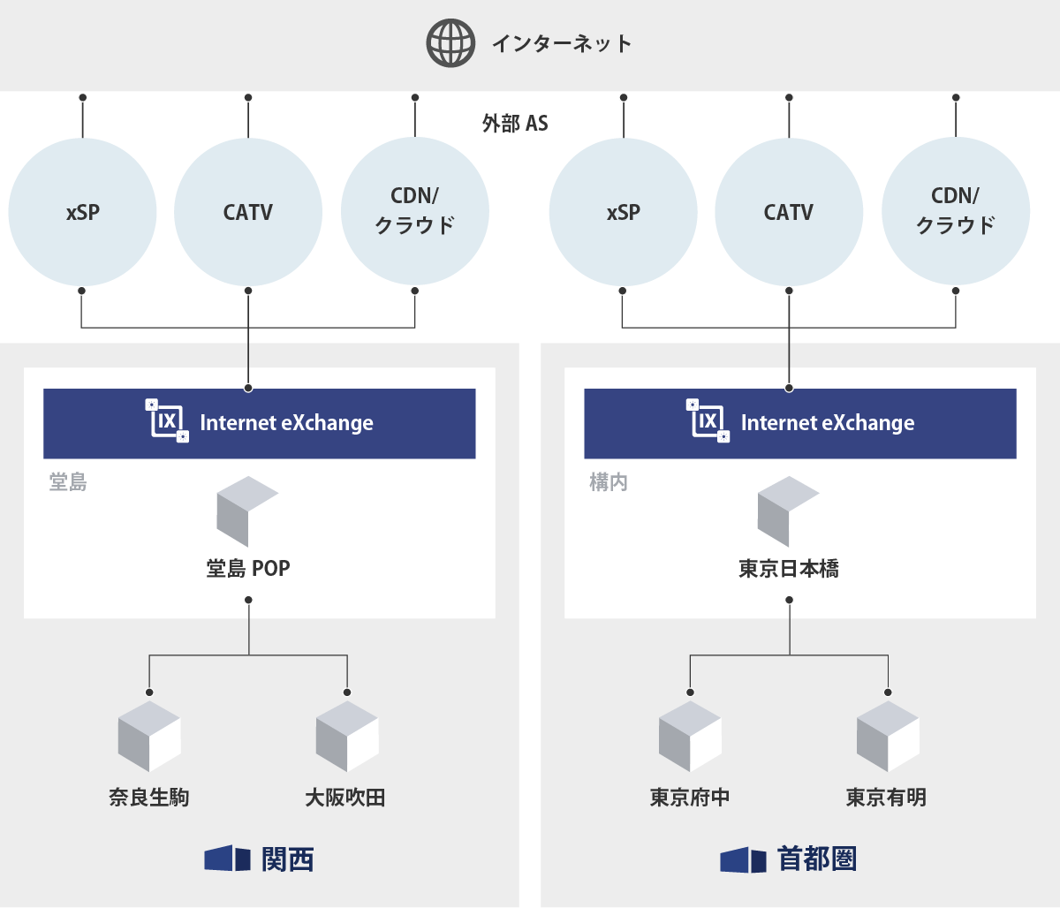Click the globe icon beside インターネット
click(x=450, y=43)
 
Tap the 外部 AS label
click(x=515, y=123)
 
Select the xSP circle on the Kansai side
click(x=82, y=212)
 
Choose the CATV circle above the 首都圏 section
click(x=789, y=212)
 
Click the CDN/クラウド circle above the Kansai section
click(x=414, y=212)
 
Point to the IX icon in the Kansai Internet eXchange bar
click(x=167, y=420)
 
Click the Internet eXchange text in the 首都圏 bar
click(x=827, y=423)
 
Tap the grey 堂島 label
click(x=68, y=482)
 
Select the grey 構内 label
click(x=609, y=482)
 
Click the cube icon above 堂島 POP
click(x=246, y=511)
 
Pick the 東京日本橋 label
click(x=789, y=568)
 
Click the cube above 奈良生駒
click(x=149, y=736)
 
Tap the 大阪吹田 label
click(x=345, y=798)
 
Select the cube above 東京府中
click(x=690, y=736)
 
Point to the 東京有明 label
click(x=886, y=798)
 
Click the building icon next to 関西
click(x=228, y=859)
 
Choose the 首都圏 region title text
click(x=817, y=859)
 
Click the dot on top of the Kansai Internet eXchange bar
click(x=248, y=388)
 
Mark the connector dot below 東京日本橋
click(x=789, y=600)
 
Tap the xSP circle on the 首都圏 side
click(x=623, y=212)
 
